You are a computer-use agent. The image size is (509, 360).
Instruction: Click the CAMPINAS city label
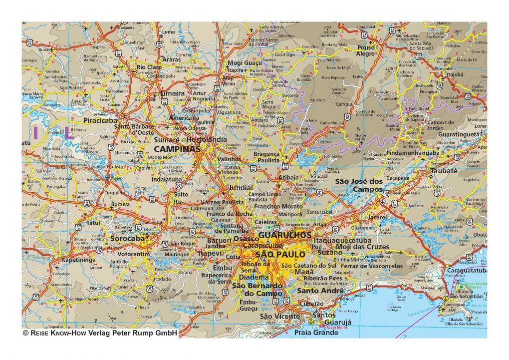click(x=177, y=149)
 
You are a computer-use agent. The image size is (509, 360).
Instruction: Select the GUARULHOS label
click(x=285, y=234)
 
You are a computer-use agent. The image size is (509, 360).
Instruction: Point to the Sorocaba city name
click(x=127, y=239)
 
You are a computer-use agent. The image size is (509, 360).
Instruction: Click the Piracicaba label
click(x=100, y=121)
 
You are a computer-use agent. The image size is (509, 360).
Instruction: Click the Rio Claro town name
click(x=149, y=67)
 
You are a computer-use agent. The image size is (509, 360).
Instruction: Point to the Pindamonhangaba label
click(x=409, y=152)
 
